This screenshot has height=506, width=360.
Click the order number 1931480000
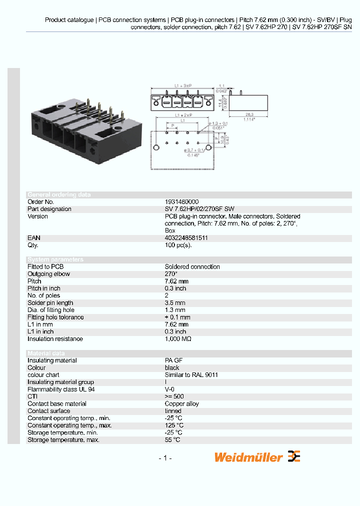pyautogui.click(x=181, y=202)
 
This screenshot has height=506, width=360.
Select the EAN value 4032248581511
pyautogui.click(x=186, y=238)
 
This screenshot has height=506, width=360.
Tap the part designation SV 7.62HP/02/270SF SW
pyautogui.click(x=199, y=209)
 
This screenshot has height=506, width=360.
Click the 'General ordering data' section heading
pyautogui.click(x=59, y=194)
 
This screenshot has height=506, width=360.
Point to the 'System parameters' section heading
pyautogui.click(x=55, y=259)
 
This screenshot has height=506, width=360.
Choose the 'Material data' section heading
pyautogui.click(x=52, y=353)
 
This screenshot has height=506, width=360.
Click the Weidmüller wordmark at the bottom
pyautogui.click(x=248, y=457)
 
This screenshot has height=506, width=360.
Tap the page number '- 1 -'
pyautogui.click(x=165, y=458)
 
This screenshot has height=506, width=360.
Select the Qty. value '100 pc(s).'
pyautogui.click(x=178, y=245)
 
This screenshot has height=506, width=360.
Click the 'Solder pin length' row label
pyautogui.click(x=50, y=303)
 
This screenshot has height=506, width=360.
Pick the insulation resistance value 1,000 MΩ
pyautogui.click(x=178, y=339)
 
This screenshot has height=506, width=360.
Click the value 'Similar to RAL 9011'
pyautogui.click(x=191, y=375)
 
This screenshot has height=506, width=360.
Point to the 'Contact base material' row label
pyautogui.click(x=57, y=404)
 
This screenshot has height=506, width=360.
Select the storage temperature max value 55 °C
pyautogui.click(x=172, y=440)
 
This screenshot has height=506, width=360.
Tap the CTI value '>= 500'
pyautogui.click(x=174, y=396)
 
